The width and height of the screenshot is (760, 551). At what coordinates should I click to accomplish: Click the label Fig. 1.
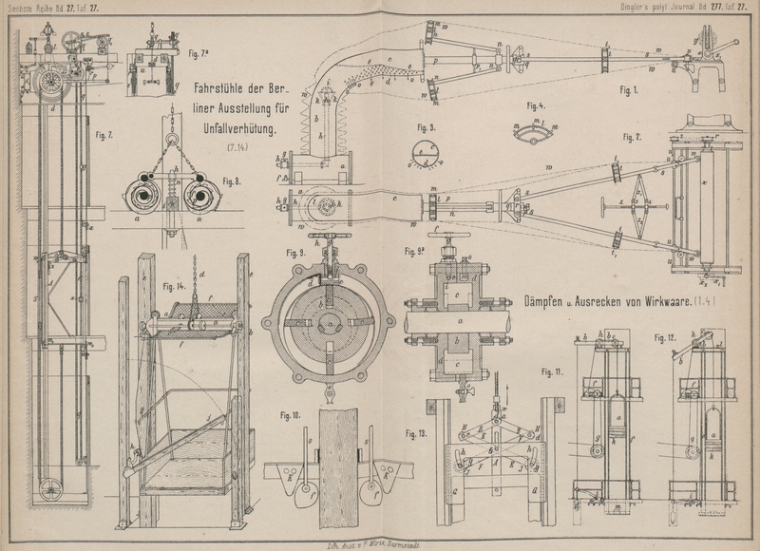632,90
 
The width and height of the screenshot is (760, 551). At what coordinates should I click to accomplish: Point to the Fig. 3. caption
427,126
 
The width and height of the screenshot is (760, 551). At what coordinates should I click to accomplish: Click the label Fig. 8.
233,180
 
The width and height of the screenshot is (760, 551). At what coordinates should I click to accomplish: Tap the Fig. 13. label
416,433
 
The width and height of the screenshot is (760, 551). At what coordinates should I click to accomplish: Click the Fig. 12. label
664,337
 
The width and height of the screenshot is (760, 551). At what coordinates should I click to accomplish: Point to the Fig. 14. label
173,286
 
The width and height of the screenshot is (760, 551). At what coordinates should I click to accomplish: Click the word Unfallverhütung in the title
237,128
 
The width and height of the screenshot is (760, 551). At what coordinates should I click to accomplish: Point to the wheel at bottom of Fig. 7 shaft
48,489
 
